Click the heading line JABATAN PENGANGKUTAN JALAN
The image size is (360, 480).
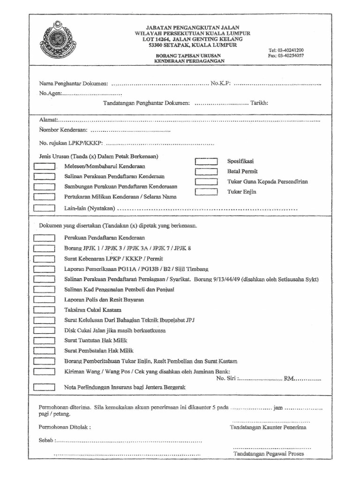coord(192,28)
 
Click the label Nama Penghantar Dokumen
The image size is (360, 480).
coord(74,83)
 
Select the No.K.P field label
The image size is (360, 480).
coord(220,83)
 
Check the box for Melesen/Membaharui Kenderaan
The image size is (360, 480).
coord(45,166)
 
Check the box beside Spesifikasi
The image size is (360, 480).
coord(206,161)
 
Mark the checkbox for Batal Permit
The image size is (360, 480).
coord(206,172)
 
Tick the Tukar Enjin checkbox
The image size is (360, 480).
coord(206,192)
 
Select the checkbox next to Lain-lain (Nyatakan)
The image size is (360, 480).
coord(45,208)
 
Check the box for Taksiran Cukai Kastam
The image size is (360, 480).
coord(45,310)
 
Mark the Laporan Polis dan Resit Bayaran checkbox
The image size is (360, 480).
coord(45,300)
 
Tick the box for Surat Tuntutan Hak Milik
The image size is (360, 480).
coord(45,340)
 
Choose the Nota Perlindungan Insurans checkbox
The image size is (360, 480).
coord(45,387)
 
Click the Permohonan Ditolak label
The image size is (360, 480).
coord(65,427)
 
